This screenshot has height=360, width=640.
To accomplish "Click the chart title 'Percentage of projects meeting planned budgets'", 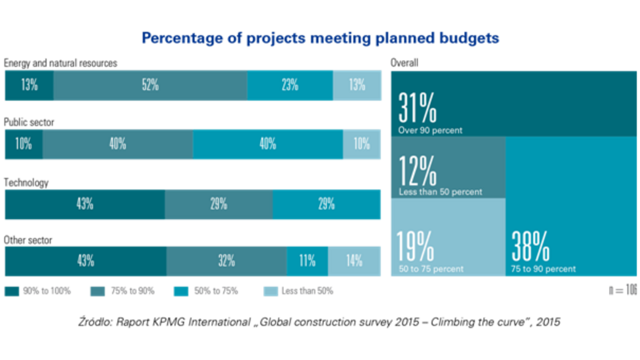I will tap(320, 38).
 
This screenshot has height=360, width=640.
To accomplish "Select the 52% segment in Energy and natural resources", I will tap(150, 85).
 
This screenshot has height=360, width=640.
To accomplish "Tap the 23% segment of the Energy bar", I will tap(290, 85).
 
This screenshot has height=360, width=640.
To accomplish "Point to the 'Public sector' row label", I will tap(29, 122).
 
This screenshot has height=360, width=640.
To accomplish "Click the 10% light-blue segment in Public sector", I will tap(362, 144).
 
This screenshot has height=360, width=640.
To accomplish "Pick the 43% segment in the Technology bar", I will tap(85, 204).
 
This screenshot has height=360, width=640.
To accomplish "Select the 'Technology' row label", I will tap(26, 182).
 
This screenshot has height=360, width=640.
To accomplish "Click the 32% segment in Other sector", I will tap(226, 261).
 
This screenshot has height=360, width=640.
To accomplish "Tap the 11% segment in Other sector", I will tap(307, 261).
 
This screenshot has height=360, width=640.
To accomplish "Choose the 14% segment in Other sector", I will tap(354, 261).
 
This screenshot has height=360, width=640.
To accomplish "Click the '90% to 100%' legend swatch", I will tap(12, 291).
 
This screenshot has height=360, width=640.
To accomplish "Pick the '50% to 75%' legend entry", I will tap(213, 291).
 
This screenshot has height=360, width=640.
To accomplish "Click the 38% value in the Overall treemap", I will tap(531, 247).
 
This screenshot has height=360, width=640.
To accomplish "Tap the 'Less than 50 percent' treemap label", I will tap(441, 191).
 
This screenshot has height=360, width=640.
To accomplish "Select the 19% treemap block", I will tap(448, 237).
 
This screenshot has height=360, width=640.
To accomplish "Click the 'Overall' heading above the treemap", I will tap(404, 63).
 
